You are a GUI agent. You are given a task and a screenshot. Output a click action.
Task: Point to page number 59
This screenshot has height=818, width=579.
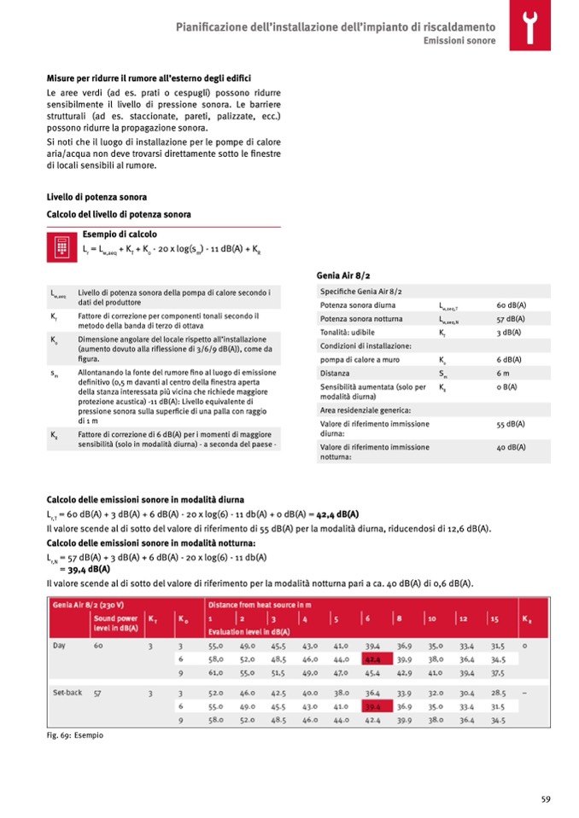pyautogui.click(x=545, y=798)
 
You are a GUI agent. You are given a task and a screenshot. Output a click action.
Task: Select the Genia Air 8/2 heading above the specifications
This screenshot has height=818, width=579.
pyautogui.click(x=343, y=276)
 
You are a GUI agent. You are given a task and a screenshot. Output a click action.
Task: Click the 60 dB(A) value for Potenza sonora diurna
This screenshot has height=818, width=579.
pyautogui.click(x=511, y=305)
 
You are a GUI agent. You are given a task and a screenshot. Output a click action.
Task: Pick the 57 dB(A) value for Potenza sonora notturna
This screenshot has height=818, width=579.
pyautogui.click(x=511, y=319)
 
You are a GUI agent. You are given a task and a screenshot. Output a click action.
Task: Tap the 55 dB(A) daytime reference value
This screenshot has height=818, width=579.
pyautogui.click(x=511, y=424)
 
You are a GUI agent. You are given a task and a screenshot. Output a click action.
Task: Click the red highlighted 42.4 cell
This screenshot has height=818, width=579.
pyautogui.click(x=373, y=659)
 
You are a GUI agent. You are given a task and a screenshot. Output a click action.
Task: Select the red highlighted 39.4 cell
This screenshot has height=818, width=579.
pyautogui.click(x=373, y=706)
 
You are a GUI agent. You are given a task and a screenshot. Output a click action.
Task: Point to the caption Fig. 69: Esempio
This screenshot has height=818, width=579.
pyautogui.click(x=75, y=735)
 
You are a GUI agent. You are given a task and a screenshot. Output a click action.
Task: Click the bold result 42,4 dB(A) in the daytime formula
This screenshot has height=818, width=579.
pyautogui.click(x=337, y=514)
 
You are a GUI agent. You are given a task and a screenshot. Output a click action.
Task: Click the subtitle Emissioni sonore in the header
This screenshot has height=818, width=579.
pyautogui.click(x=460, y=41)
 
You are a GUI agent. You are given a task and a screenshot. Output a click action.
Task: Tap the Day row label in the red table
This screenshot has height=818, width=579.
pyautogui.click(x=59, y=646)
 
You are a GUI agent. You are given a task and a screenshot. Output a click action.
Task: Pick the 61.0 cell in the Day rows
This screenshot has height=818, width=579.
pyautogui.click(x=215, y=673)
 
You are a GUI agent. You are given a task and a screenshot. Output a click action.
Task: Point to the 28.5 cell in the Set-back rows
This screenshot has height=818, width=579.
pyautogui.click(x=497, y=693)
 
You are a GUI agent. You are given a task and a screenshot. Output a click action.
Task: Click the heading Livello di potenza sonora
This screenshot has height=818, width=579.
pyautogui.click(x=96, y=197)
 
